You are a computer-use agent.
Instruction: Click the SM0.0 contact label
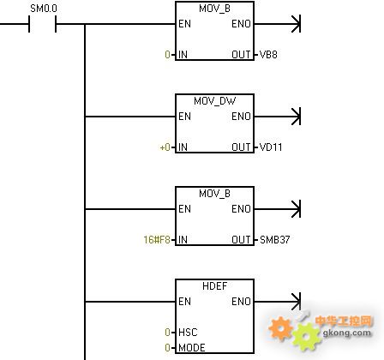[44, 9]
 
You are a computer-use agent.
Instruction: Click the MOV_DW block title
[214, 101]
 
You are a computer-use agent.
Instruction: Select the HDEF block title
[214, 286]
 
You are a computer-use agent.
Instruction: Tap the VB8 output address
[268, 55]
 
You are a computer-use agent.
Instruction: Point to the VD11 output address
[271, 147]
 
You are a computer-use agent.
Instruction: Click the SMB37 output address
[275, 239]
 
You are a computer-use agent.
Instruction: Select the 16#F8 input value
[157, 239]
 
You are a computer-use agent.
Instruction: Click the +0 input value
[165, 147]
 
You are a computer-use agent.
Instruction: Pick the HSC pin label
[188, 332]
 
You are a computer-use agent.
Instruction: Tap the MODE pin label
[192, 347]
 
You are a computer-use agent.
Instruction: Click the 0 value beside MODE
[168, 347]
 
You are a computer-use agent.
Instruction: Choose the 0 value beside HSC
[168, 332]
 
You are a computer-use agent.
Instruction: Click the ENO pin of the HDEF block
[241, 302]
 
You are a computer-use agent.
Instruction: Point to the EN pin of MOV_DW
[184, 117]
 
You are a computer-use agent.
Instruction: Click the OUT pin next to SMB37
[241, 239]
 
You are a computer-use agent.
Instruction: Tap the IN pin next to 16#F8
[183, 239]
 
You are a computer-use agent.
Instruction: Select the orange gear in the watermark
[281, 328]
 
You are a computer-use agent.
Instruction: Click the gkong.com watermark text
[347, 333]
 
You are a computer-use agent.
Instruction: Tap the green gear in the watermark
[306, 337]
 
